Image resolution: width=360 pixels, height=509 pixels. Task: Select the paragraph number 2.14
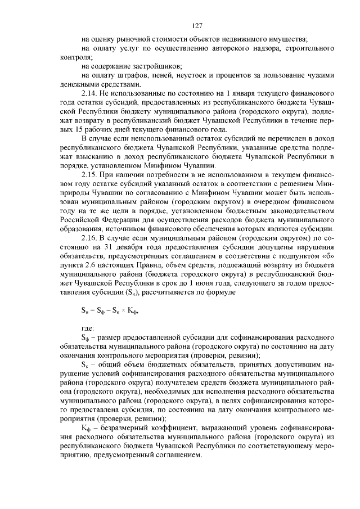[91, 92]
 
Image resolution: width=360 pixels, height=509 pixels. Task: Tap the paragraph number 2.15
[91, 175]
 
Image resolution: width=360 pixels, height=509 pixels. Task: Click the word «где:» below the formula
[88, 326]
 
